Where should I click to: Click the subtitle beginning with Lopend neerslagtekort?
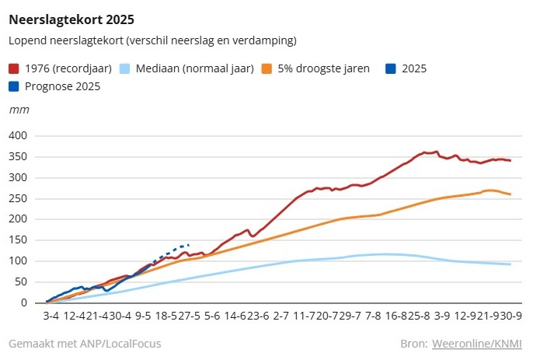pos(152,40)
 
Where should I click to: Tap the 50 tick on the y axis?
pos(22,282)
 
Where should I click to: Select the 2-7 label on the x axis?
pos(281,317)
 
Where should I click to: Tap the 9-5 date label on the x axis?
pos(143,317)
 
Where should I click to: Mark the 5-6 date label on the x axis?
pos(212,317)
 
